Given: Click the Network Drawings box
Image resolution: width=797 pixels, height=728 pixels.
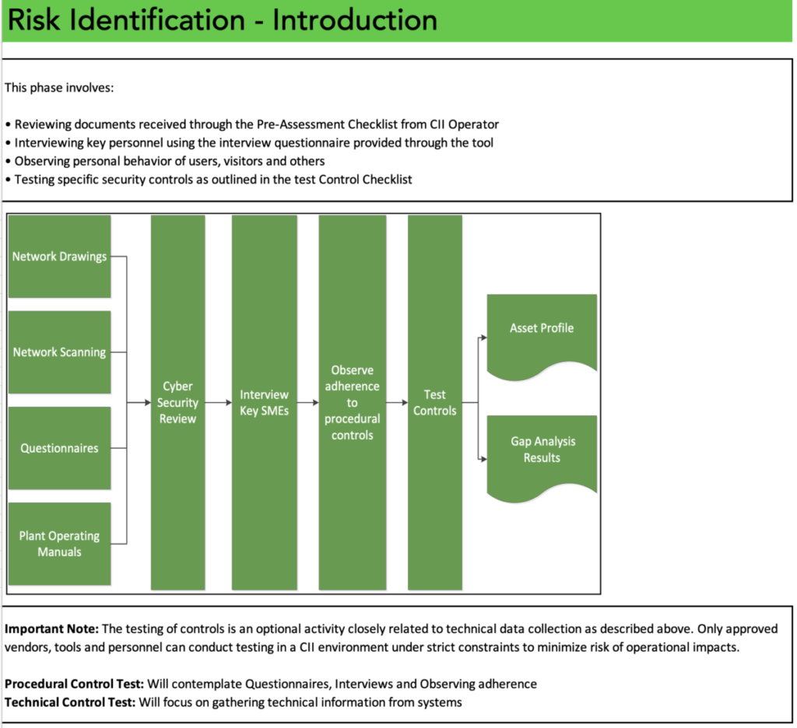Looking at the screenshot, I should click(59, 256).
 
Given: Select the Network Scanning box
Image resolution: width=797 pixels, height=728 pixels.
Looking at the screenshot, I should click(59, 352).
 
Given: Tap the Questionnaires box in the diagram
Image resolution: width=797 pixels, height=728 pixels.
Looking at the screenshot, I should click(59, 448).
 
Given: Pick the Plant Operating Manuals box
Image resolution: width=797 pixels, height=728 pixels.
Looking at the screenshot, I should click(59, 544).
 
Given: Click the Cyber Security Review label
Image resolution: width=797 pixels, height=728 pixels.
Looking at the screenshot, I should click(178, 402).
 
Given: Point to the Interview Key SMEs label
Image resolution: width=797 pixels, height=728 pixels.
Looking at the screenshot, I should click(264, 402).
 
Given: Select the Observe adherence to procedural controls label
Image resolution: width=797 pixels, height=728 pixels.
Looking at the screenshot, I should click(352, 402).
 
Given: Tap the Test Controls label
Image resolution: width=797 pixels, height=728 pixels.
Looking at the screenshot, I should click(434, 402).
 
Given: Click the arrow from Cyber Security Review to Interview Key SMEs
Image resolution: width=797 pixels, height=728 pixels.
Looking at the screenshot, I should click(219, 403).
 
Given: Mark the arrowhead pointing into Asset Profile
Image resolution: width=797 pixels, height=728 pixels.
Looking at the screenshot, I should click(483, 338).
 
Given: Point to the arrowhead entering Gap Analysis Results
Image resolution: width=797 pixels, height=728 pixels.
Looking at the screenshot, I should click(483, 459).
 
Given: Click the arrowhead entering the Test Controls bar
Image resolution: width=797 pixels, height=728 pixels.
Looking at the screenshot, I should click(404, 403).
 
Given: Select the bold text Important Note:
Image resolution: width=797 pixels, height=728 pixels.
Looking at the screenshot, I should click(51, 628).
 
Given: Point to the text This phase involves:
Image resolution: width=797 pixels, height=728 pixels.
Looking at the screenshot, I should click(59, 88).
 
